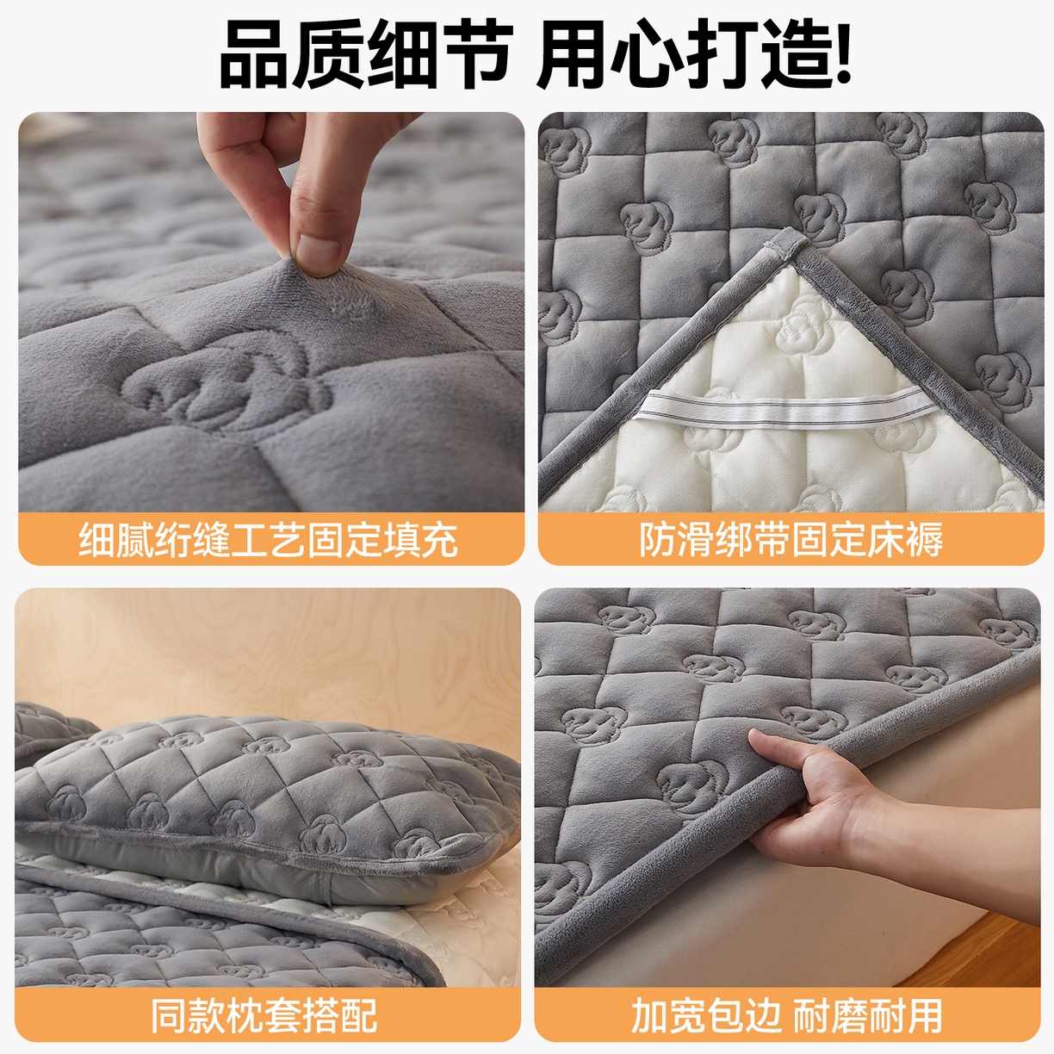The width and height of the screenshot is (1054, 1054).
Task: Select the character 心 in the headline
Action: pyautogui.click(x=647, y=53)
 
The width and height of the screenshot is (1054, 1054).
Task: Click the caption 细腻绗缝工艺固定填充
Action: pyautogui.click(x=269, y=540)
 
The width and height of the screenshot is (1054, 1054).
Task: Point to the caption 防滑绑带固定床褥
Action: pyautogui.click(x=790, y=540)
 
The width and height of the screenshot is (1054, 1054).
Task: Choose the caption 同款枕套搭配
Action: pyautogui.click(x=265, y=1016)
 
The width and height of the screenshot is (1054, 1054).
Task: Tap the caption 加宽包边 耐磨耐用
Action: pyautogui.click(x=787, y=1016)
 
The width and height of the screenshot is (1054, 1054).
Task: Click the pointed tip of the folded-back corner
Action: pyautogui.click(x=790, y=242)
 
